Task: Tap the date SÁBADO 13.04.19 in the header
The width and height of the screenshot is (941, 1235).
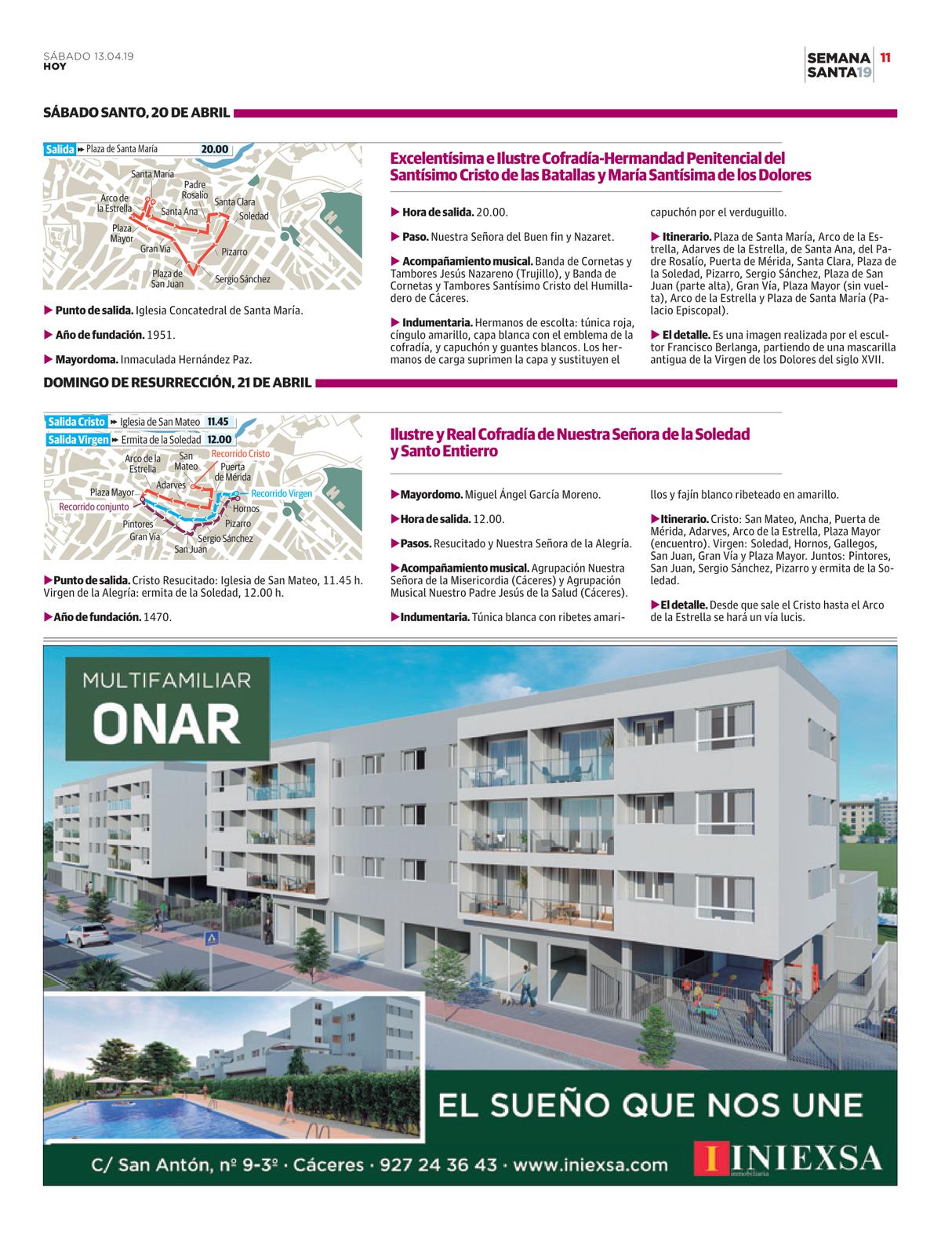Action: (89, 56)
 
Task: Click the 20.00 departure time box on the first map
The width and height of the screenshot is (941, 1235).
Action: (214, 149)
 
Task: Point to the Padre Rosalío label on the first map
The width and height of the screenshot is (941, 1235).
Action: (194, 189)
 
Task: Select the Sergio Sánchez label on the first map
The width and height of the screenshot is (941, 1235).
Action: (242, 279)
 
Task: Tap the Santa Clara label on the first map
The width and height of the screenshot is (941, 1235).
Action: (234, 202)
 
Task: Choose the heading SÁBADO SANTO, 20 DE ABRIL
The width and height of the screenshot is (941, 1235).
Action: (136, 113)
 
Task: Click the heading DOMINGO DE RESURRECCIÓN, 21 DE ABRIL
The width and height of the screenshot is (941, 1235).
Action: (177, 383)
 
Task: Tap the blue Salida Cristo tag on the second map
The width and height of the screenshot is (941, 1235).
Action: (76, 422)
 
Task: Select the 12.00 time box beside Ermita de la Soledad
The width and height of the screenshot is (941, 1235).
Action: (220, 440)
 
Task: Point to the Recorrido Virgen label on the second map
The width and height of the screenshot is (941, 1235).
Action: (282, 494)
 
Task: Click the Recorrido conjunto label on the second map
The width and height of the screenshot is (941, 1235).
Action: (94, 507)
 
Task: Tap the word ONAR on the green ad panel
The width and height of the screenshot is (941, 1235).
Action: (169, 725)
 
